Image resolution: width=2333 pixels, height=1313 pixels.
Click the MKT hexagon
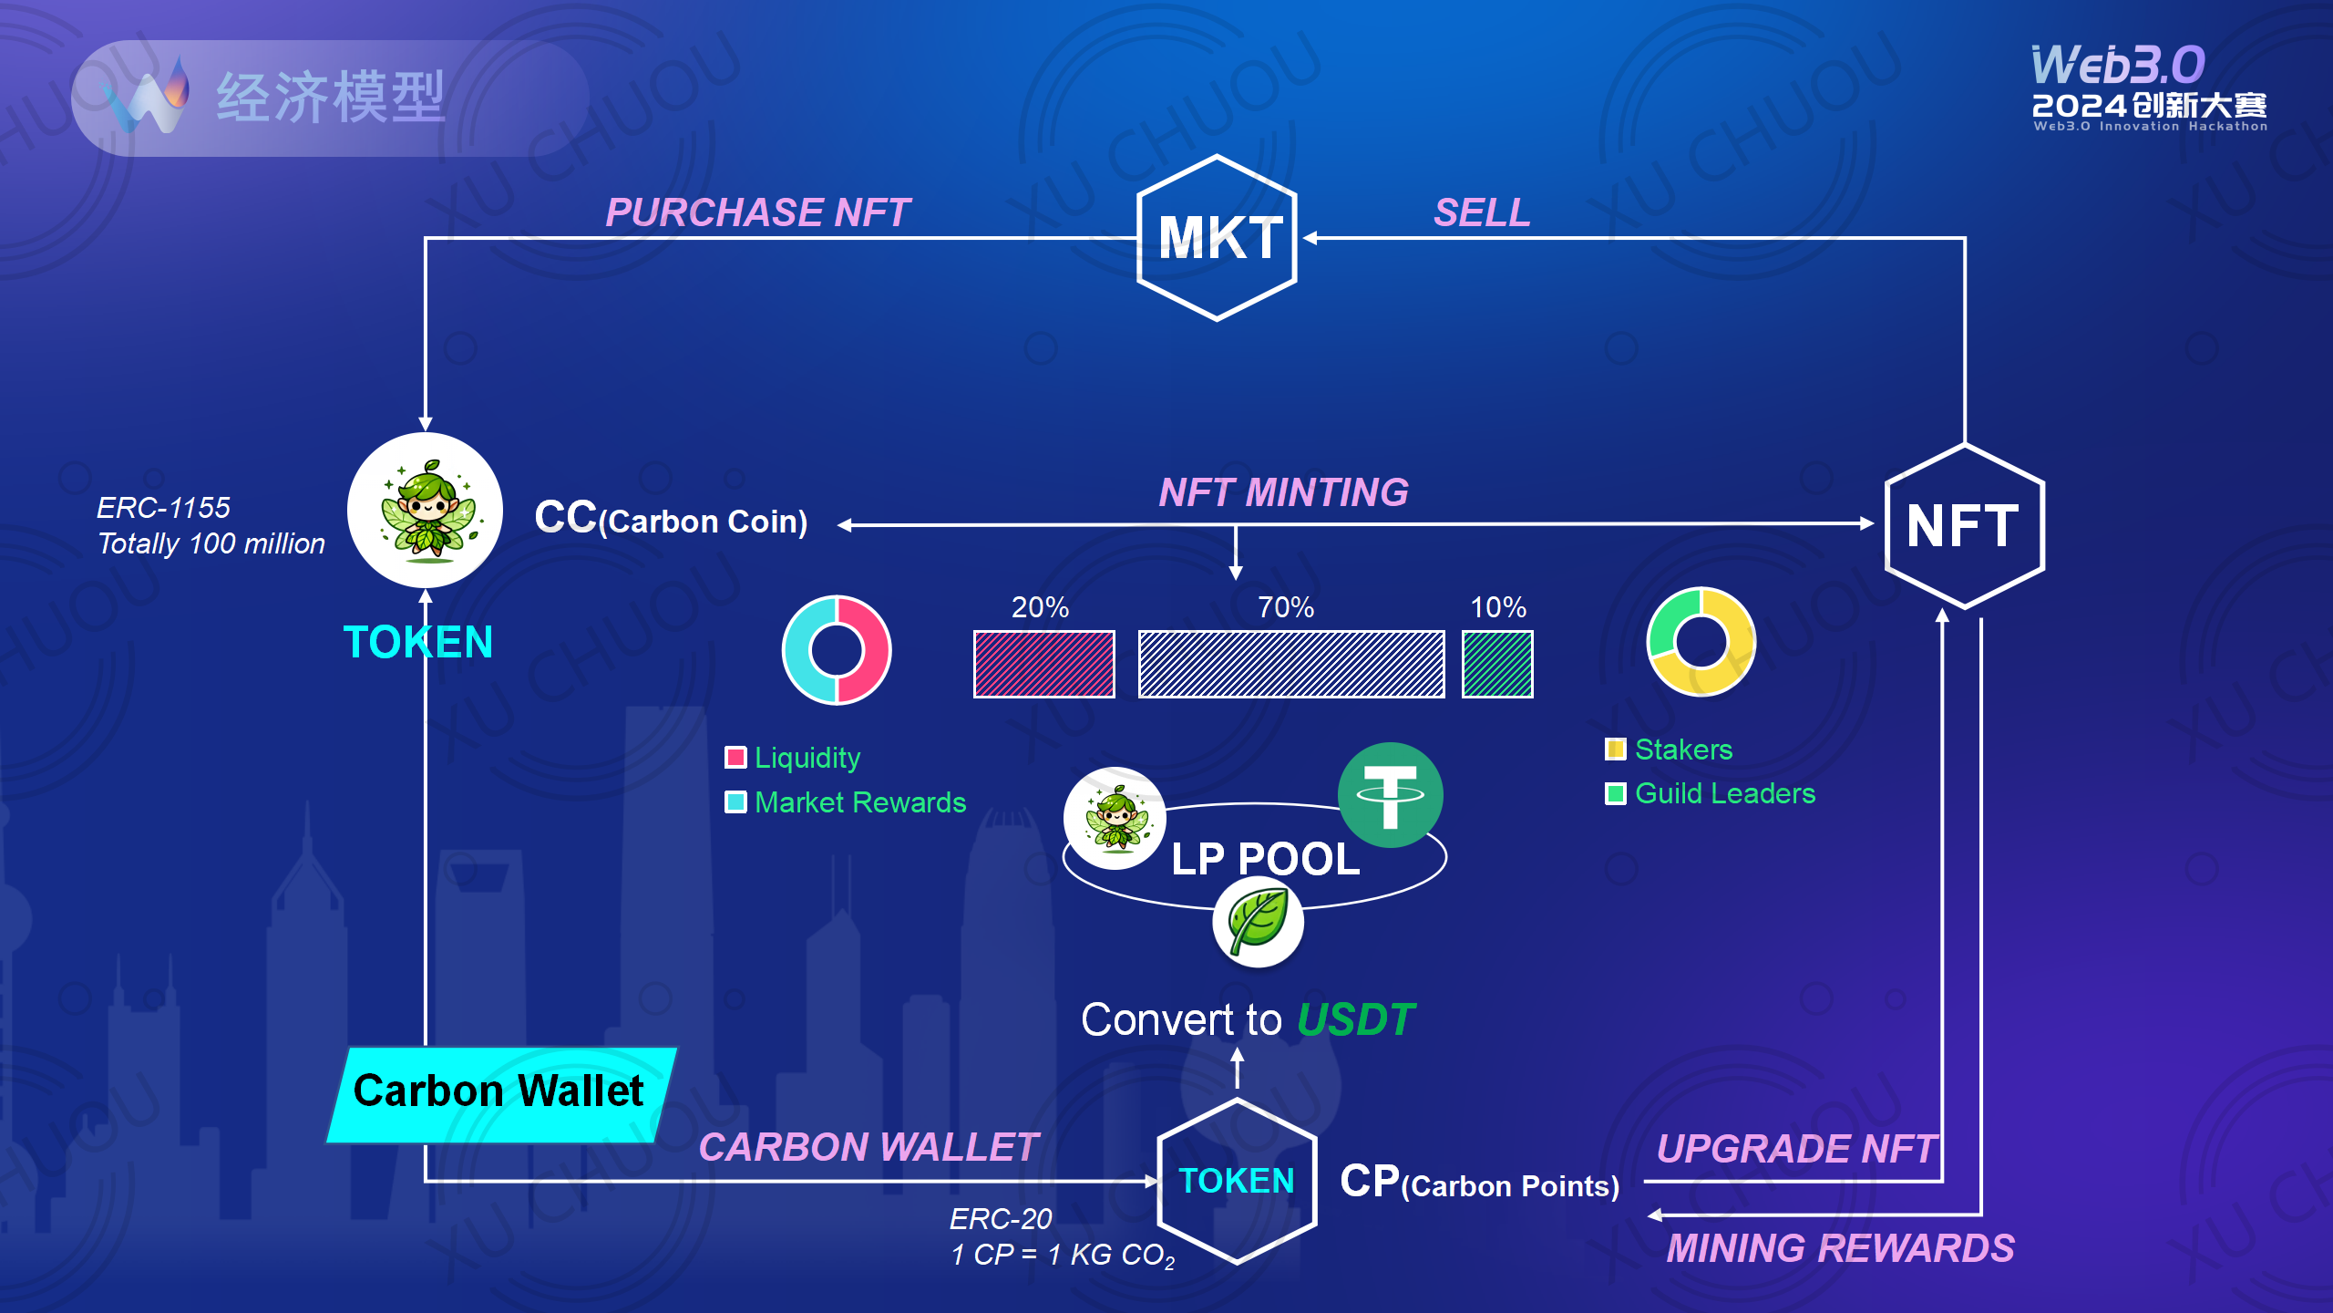point(1218,238)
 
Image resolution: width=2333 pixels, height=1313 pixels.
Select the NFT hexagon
point(1964,526)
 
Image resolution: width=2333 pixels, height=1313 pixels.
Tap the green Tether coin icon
point(1390,795)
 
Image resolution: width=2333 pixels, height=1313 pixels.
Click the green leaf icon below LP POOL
point(1258,922)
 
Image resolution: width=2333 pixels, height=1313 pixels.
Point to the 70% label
point(1286,607)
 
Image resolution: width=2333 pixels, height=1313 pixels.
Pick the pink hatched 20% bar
point(1043,664)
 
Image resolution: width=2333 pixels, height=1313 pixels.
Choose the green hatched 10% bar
point(1497,664)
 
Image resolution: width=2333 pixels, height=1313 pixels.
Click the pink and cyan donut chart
point(837,650)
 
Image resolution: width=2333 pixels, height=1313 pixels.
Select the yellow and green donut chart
point(1701,642)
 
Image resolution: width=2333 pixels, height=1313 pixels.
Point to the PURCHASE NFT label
point(757,212)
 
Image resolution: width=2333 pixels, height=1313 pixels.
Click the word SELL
point(1482,213)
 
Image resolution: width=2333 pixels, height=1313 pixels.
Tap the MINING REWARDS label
point(1840,1248)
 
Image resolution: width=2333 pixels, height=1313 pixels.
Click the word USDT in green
point(1355,1019)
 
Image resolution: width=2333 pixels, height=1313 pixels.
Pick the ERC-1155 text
point(163,508)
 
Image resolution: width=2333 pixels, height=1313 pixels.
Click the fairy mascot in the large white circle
point(426,511)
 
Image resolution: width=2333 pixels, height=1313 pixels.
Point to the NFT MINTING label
point(1283,492)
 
